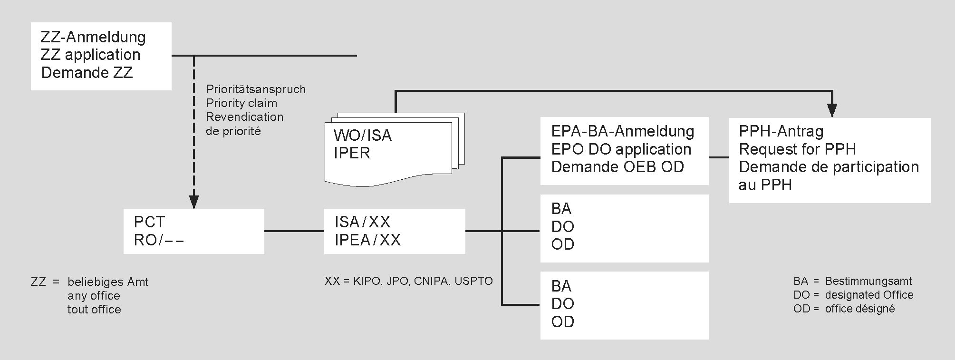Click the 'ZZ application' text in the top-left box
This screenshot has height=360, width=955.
(90, 55)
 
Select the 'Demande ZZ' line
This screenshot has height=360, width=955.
(87, 73)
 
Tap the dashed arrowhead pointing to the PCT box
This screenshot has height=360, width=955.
(193, 202)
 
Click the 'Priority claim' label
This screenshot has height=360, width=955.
(241, 103)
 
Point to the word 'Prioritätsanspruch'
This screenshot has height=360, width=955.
(256, 89)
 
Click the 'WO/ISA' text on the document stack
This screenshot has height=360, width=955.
(363, 136)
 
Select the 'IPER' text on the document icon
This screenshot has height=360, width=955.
(352, 153)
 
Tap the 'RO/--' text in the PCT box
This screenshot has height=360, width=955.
(159, 240)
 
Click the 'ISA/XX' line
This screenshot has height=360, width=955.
(363, 222)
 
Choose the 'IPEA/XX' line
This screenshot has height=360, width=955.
(368, 240)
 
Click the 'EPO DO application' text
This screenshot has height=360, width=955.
(621, 149)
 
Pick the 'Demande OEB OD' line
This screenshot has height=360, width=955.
(617, 167)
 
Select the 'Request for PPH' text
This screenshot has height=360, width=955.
(797, 149)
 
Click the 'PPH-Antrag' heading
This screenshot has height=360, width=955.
(781, 131)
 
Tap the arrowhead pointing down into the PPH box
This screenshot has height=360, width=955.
(832, 111)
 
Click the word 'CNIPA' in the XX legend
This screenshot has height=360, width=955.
(431, 281)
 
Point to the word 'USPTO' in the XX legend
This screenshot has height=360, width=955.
(473, 281)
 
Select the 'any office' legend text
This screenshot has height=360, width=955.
(94, 296)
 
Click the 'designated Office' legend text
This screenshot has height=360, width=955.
(869, 295)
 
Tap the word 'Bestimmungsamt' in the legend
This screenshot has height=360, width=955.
(868, 281)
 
